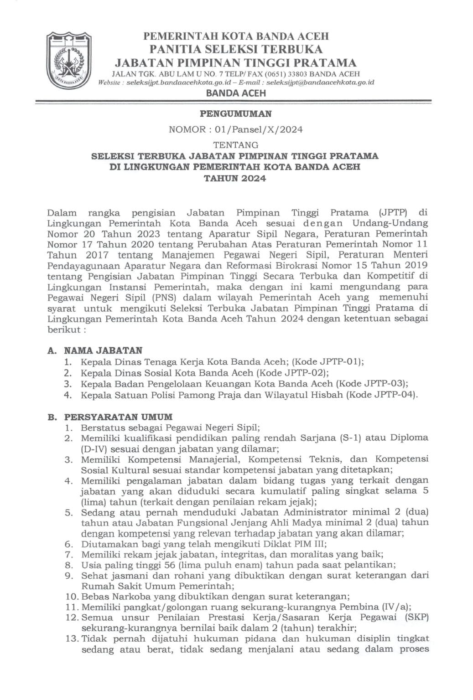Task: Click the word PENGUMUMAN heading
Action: (x=236, y=114)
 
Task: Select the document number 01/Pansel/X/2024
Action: (x=255, y=129)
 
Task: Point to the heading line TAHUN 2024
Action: (x=235, y=178)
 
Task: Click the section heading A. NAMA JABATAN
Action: (x=95, y=350)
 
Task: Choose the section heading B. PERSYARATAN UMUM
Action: (x=110, y=417)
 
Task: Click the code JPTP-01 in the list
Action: (x=343, y=362)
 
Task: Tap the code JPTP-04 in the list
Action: (x=397, y=395)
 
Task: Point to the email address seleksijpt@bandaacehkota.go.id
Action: (x=320, y=82)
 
